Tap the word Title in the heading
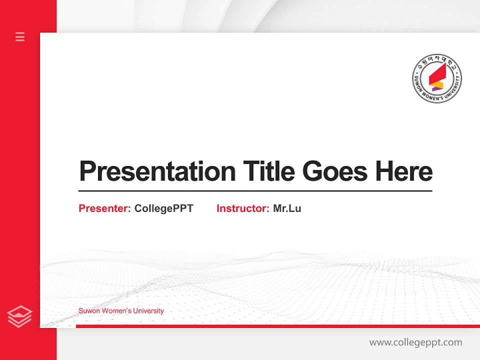click(268, 171)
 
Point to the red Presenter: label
click(105, 208)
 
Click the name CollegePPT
click(163, 208)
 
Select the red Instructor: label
click(243, 208)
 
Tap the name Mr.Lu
click(287, 208)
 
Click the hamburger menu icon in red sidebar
click(20, 36)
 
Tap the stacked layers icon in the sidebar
click(20, 316)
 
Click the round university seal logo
click(436, 78)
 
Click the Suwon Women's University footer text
click(121, 311)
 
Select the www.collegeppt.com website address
click(415, 342)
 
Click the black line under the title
click(255, 191)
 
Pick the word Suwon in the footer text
click(87, 311)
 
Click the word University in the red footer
click(148, 311)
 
